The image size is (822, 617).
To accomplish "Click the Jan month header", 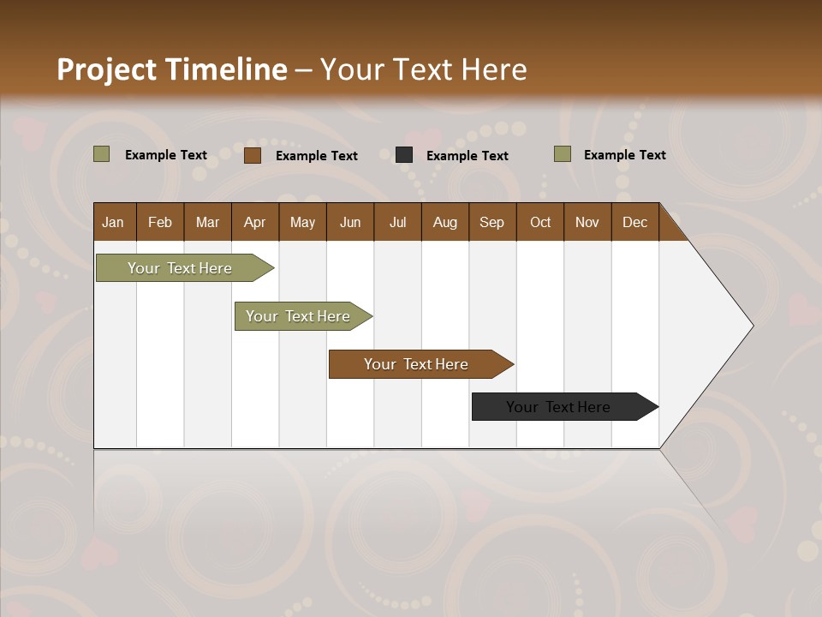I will [x=113, y=222].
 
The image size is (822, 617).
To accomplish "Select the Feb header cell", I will [x=160, y=222].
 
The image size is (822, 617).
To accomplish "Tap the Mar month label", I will [x=207, y=222].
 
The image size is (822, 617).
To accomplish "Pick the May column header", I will [x=302, y=222].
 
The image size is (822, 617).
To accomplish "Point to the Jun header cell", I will [x=350, y=222].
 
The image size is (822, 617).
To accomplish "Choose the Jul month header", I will [x=397, y=222].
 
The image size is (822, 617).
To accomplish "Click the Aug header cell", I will [x=445, y=222].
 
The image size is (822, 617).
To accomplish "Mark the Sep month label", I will [x=491, y=222].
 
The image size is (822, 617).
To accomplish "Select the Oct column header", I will [x=540, y=222].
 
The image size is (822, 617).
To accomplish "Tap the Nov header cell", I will [x=587, y=222].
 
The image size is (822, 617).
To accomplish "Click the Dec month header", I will [x=634, y=222].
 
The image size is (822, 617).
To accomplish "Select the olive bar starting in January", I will [x=181, y=268].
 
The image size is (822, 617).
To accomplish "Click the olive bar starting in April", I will [x=299, y=316].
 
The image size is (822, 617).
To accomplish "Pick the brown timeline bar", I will [x=416, y=364].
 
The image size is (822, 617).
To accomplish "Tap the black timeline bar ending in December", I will [x=559, y=407].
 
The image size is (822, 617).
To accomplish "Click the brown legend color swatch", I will [x=253, y=155].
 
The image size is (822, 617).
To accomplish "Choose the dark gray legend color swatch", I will [x=404, y=155].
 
